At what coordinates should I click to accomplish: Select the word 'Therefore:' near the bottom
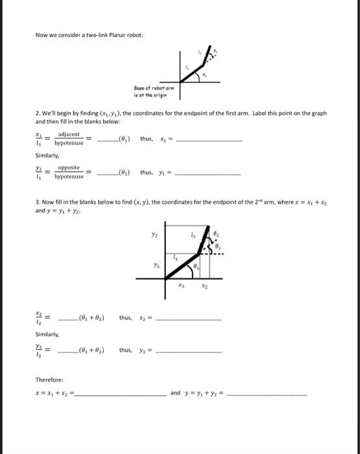tap(49, 379)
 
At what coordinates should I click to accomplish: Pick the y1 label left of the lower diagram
tap(156, 265)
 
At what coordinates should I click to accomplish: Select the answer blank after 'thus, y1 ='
tap(208, 174)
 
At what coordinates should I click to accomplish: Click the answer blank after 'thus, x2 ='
tap(189, 319)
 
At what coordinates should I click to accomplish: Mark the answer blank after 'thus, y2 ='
tap(189, 352)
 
